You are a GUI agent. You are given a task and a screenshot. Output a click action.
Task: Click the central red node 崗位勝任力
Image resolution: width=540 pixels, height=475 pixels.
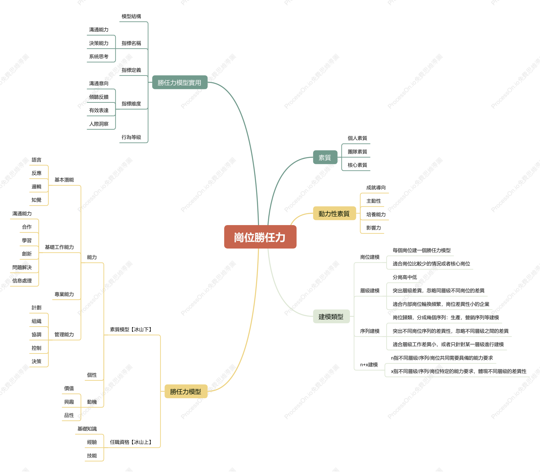coord(260,237)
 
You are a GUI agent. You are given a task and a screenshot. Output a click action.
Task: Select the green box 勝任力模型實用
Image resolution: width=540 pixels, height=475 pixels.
coord(180,83)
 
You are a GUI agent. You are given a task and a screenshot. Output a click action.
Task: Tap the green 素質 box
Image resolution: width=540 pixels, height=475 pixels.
coord(325,157)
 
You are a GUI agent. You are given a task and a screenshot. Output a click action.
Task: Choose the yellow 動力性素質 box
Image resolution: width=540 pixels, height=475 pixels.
coord(334,213)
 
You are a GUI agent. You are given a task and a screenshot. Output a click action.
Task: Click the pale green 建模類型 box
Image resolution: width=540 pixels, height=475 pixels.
coord(331,316)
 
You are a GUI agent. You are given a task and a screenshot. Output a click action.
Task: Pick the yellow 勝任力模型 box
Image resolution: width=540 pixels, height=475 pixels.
coord(186,391)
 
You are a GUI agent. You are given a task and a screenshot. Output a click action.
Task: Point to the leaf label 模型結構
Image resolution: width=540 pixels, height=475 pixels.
coord(131,16)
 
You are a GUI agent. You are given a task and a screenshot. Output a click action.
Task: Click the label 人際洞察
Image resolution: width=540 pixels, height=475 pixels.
coord(99,124)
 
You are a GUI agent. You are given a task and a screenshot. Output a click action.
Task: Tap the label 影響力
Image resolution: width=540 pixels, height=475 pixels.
coord(374,228)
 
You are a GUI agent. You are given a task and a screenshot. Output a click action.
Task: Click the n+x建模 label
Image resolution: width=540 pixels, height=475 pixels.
coord(369,364)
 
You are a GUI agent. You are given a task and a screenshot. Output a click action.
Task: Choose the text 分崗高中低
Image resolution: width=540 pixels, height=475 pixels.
coord(405,277)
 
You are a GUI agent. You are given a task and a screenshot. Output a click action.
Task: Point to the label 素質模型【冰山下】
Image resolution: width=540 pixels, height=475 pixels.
coord(131,329)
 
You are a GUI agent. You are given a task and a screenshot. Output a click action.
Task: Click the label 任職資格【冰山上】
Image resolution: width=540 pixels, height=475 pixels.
coord(131,442)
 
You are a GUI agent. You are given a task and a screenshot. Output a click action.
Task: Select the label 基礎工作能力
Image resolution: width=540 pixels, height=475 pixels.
coord(60,247)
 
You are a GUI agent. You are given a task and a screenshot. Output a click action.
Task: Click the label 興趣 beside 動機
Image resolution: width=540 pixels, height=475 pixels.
coord(69,402)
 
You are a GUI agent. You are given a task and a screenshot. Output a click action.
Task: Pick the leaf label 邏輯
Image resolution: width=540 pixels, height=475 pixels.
coord(37,187)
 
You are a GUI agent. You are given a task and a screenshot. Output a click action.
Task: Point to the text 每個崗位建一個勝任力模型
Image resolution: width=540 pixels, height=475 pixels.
coord(422,250)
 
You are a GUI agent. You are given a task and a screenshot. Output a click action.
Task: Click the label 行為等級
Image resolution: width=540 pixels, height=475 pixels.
coord(131,137)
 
